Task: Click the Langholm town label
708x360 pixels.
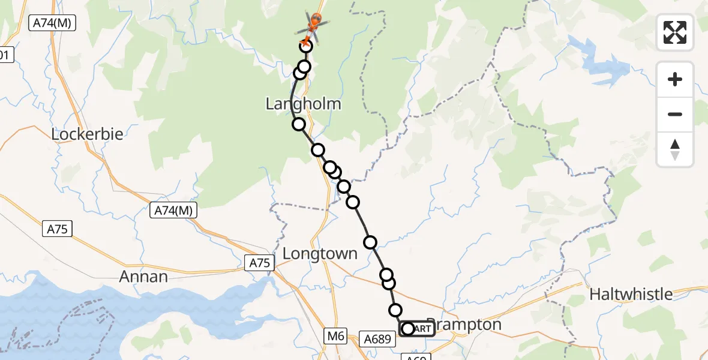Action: click(x=303, y=104)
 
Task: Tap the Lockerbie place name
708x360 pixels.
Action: click(x=87, y=134)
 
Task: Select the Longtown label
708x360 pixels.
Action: click(x=320, y=254)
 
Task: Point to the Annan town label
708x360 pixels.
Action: click(x=143, y=277)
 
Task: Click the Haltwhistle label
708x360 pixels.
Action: click(x=631, y=295)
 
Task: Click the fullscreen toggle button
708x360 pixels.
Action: click(x=675, y=32)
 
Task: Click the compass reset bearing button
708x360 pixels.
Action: click(x=675, y=150)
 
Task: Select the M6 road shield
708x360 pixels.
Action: click(x=336, y=337)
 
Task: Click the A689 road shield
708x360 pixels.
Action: click(x=378, y=340)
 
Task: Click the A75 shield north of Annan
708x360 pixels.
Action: click(x=58, y=229)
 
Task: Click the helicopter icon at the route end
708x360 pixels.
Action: click(x=314, y=25)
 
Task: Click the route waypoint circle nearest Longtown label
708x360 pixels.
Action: click(x=370, y=242)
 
